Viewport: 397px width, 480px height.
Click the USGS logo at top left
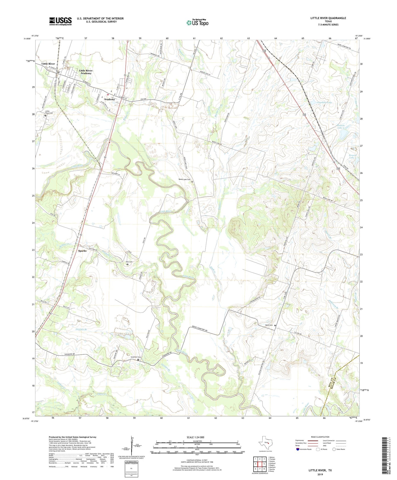pyautogui.click(x=60, y=21)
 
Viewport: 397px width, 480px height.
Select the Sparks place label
pyautogui.click(x=82, y=251)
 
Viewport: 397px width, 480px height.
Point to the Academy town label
pyautogui.click(x=109, y=99)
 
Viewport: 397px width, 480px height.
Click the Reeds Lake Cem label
pyautogui.click(x=184, y=180)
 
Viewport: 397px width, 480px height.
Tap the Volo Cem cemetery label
pyautogui.click(x=129, y=262)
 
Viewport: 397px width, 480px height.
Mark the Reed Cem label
pyautogui.click(x=269, y=325)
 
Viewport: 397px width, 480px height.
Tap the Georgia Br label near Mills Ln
pyautogui.click(x=81, y=329)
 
